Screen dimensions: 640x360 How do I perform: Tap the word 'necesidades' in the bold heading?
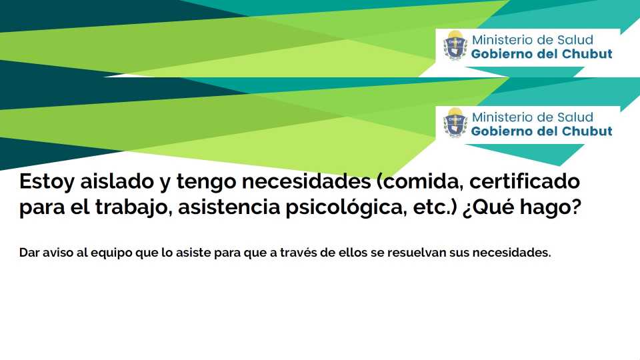[306, 181]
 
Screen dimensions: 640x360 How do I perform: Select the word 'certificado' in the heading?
[525, 181]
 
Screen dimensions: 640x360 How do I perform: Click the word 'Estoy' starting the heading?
[47, 181]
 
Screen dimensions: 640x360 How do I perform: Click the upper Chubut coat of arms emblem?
[455, 45]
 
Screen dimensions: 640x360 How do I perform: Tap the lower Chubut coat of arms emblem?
[455, 123]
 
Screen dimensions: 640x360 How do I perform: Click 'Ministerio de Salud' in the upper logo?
[532, 39]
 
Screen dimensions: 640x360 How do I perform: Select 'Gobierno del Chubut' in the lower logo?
[541, 131]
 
